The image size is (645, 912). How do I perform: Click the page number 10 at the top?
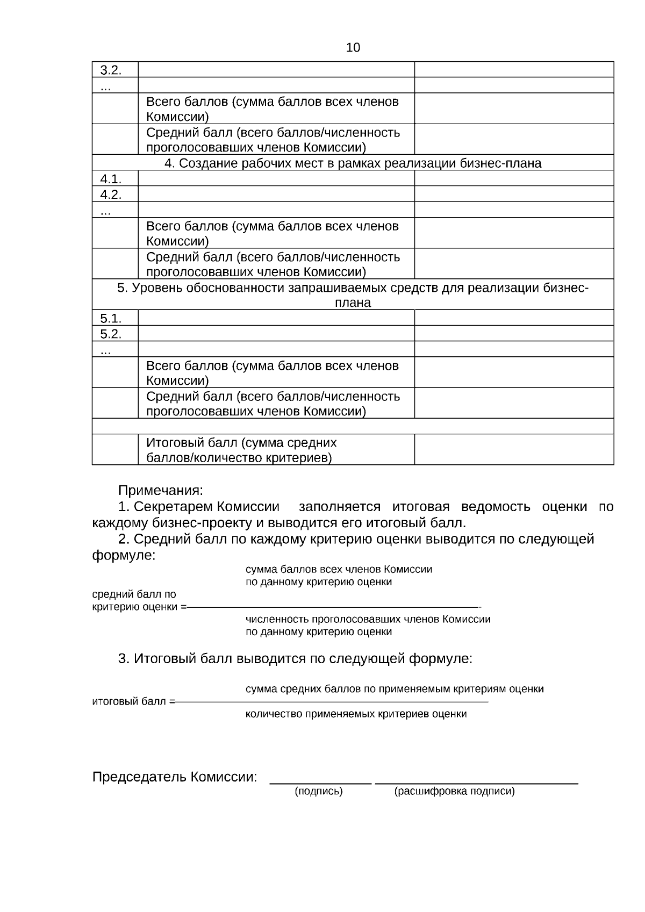tap(353, 48)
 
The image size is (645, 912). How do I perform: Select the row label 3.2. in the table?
tap(111, 70)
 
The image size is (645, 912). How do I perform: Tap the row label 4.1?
tap(111, 179)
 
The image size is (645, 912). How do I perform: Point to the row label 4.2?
tap(111, 195)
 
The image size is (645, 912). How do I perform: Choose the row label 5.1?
tap(111, 318)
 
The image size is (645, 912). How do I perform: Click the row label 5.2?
tap(111, 334)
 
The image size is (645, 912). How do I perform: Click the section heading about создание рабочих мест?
tap(353, 163)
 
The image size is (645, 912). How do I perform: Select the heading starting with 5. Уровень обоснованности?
tap(353, 295)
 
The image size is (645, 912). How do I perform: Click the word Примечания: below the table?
tap(161, 491)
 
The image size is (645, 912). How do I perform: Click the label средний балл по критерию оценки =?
tap(139, 601)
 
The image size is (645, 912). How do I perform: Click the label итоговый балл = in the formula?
tap(133, 702)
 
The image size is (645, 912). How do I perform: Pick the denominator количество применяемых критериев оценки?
tap(356, 714)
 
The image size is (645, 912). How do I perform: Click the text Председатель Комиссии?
tap(174, 777)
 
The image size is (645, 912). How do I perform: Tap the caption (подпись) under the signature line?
tap(319, 792)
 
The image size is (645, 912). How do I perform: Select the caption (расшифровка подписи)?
tap(454, 792)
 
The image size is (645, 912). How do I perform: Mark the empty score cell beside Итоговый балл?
tap(514, 450)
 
